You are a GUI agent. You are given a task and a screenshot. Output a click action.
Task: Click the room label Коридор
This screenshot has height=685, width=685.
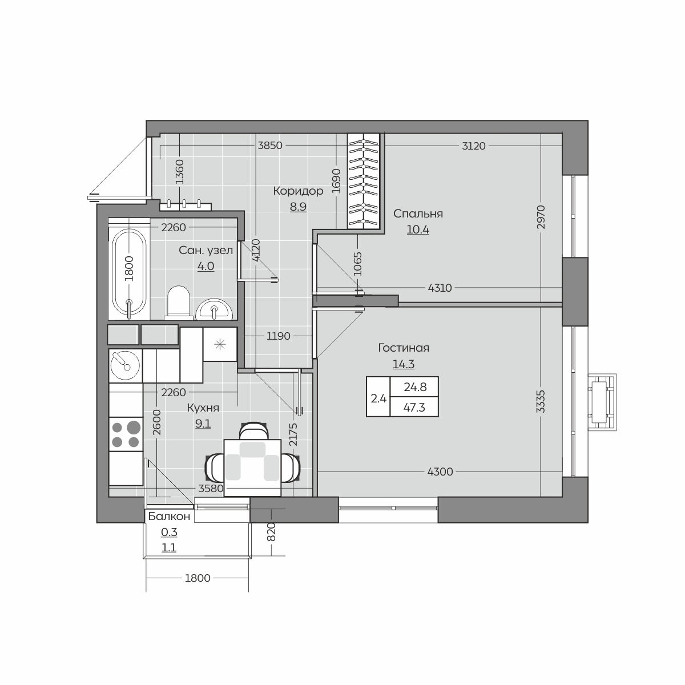[298, 191]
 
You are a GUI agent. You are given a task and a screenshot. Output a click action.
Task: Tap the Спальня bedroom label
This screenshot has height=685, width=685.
[418, 213]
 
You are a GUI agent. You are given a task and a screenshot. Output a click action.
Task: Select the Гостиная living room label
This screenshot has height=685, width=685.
[404, 348]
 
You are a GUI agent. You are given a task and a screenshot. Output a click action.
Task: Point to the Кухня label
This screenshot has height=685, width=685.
[203, 408]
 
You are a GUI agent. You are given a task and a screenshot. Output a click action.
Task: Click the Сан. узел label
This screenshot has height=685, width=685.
[206, 250]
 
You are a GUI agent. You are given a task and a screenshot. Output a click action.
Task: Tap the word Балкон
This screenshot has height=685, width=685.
[169, 516]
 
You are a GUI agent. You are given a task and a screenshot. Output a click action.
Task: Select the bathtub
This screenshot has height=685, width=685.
[129, 269]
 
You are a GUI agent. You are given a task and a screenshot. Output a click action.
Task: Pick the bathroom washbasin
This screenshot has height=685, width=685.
[214, 309]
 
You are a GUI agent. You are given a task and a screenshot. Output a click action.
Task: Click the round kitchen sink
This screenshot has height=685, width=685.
[125, 365]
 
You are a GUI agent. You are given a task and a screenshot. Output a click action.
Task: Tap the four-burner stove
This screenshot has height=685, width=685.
[126, 434]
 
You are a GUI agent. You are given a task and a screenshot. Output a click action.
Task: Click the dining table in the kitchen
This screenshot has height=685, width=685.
[252, 468]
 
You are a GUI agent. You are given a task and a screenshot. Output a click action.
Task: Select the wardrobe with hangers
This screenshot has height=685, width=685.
[363, 181]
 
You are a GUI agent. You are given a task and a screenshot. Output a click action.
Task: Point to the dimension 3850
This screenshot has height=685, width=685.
[270, 146]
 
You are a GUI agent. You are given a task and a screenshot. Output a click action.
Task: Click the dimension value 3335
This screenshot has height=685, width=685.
[541, 402]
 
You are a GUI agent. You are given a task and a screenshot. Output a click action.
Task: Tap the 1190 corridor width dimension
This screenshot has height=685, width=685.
[279, 336]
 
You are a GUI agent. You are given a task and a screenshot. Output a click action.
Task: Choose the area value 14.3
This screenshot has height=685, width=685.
[404, 364]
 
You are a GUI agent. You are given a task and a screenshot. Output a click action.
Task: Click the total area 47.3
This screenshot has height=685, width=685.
[414, 408]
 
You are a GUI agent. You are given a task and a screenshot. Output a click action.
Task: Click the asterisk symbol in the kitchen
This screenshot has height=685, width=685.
[220, 344]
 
